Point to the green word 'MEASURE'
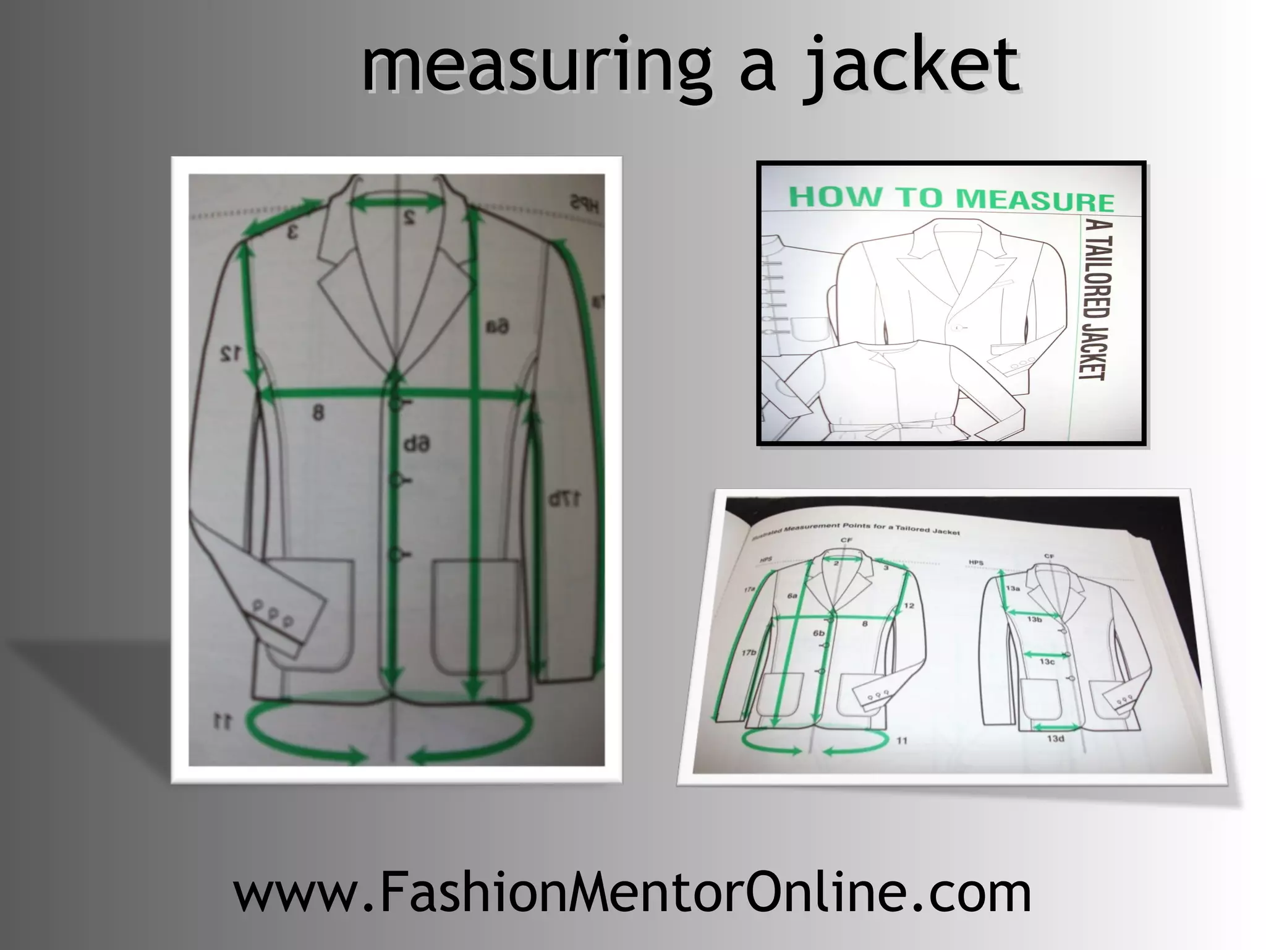[1035, 200]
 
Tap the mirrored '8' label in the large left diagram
[318, 412]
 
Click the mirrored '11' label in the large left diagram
[223, 721]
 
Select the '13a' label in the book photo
[1013, 588]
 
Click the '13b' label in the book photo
[1034, 619]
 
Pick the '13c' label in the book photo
[1047, 662]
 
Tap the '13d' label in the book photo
[1055, 738]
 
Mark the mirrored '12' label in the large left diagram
[230, 354]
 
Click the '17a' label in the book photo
[749, 590]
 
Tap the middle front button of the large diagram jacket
[395, 479]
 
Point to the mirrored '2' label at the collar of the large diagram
[409, 218]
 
